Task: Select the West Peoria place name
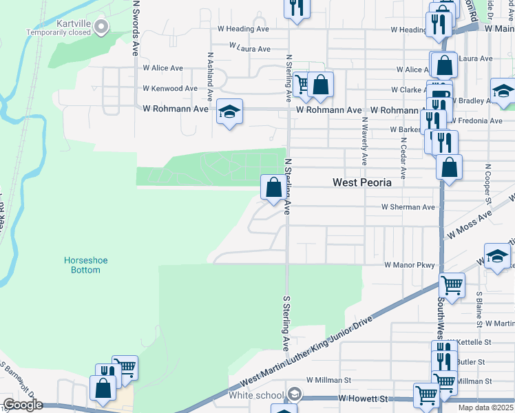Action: click(x=361, y=182)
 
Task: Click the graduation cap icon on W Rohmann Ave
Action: click(x=229, y=112)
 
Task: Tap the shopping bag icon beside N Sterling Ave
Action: click(x=273, y=187)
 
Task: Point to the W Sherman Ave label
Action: click(x=408, y=207)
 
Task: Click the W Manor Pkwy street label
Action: click(x=410, y=265)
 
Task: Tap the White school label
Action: click(x=256, y=395)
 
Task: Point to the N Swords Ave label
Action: click(x=136, y=28)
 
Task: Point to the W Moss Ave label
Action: click(x=470, y=225)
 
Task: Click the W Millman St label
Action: click(x=328, y=380)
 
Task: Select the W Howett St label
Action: click(x=364, y=399)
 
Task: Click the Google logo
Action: click(x=22, y=405)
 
